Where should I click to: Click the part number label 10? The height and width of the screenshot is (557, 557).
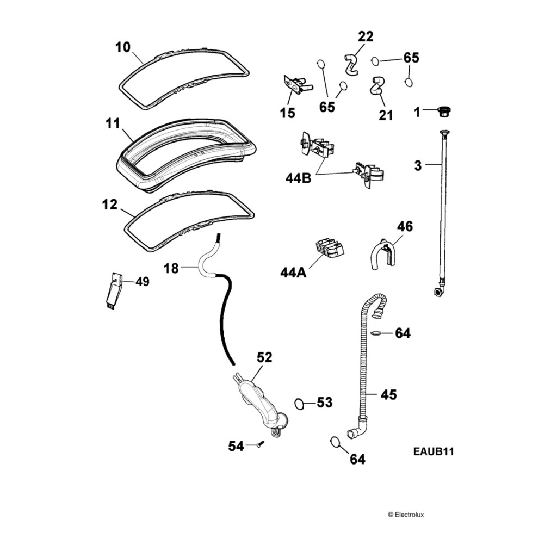pos(122,47)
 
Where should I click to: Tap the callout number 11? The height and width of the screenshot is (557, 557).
pos(112,123)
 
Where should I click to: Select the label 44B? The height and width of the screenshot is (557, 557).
pos(298,178)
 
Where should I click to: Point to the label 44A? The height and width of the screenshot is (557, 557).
pos(293,272)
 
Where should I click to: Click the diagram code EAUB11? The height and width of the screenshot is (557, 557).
pos(434,451)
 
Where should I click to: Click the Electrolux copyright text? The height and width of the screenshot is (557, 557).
pos(405,514)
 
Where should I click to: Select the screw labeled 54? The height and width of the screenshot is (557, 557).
pos(260,445)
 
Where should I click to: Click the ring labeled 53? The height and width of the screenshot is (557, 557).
pos(299,404)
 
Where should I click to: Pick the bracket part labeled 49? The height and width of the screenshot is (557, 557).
pos(113,291)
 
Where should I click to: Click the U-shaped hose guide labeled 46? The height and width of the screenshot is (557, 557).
pos(383,255)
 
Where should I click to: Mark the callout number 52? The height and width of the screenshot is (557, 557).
pos(264,357)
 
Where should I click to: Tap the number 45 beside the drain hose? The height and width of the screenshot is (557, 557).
pos(388,395)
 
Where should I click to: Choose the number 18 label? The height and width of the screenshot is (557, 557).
pos(171,268)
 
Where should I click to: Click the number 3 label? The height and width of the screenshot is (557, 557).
pos(418,166)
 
